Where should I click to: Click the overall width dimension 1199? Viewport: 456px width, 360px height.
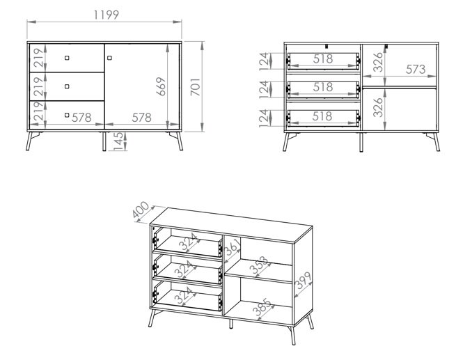106,15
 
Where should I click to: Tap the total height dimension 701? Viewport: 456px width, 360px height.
196,86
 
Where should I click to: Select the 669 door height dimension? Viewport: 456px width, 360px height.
161,86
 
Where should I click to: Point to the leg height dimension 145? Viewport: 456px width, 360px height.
118,141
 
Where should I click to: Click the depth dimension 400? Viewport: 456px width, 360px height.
141,210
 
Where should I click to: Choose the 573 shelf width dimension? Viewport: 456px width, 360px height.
416,69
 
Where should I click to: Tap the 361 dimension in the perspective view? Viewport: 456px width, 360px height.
233,246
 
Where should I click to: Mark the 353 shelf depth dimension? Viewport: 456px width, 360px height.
259,265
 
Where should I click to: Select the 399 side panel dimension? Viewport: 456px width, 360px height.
303,281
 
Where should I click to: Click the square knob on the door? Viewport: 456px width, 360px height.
109,58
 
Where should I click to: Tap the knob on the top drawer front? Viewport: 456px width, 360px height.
67,58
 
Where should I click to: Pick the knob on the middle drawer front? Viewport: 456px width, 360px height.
67,86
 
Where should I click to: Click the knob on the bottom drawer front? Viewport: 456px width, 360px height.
67,115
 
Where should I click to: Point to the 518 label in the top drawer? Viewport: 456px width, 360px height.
323,59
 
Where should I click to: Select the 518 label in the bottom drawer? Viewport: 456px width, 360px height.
322,116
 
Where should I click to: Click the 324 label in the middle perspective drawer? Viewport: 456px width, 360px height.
184,269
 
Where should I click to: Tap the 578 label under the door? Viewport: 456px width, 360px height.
141,118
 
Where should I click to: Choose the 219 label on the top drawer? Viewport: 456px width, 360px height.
38,58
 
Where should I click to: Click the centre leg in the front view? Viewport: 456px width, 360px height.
104,141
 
